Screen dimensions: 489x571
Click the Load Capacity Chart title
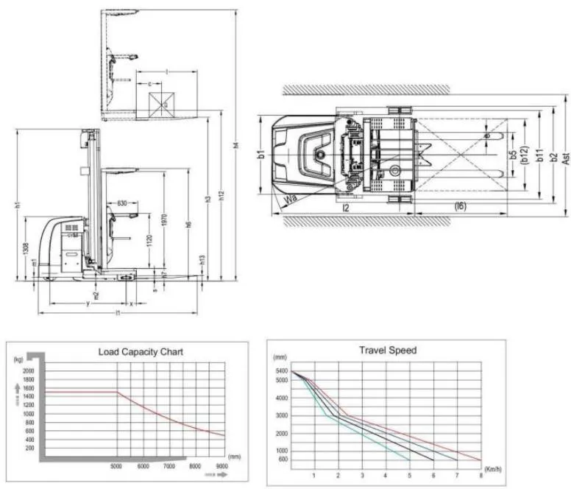[x=140, y=351]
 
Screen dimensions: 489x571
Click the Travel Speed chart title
[x=387, y=350]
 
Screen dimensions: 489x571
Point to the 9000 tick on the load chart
[x=221, y=465]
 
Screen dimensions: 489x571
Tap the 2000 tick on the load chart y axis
[x=29, y=370]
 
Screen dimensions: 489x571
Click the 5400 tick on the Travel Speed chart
[x=281, y=371]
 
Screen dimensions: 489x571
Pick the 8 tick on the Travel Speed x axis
[x=480, y=476]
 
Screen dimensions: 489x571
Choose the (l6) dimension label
[x=460, y=207]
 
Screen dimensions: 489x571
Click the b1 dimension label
[x=260, y=155]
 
